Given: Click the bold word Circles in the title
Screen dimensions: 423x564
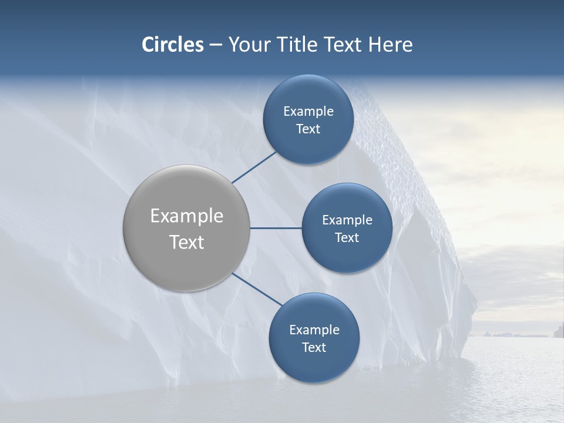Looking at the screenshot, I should pos(172,45).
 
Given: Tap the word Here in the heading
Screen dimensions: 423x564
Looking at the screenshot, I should pos(391,45).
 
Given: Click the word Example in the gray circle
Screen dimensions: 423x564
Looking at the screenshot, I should pos(187,216).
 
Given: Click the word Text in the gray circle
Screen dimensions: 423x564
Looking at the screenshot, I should pos(187,242).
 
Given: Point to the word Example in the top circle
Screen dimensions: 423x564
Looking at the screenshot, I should pos(308,112).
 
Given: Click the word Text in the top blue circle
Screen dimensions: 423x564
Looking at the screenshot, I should pos(308,129).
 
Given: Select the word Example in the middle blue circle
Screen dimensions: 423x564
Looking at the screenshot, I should pos(347,220).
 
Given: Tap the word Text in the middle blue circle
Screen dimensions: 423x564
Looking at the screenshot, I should pos(347,238).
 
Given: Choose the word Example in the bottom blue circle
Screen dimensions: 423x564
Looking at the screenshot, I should pos(314,330).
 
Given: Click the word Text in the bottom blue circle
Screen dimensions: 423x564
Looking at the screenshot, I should pos(314,348).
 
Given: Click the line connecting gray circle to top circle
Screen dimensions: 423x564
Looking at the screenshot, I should pos(254,167).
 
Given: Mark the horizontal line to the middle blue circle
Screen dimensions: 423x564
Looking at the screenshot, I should pos(276,228).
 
